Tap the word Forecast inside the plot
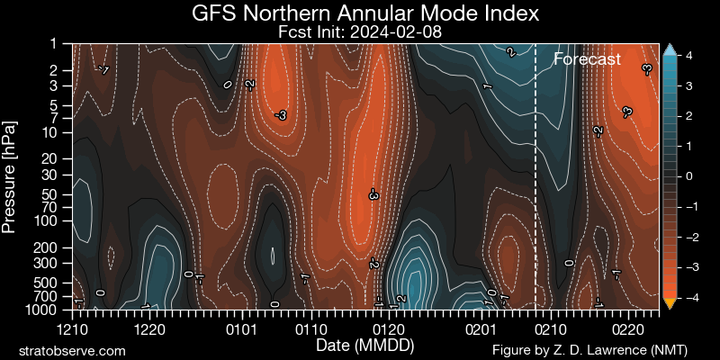[587, 60]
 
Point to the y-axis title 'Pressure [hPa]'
[11, 175]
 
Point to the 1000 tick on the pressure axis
[47, 309]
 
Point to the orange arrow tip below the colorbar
[669, 303]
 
